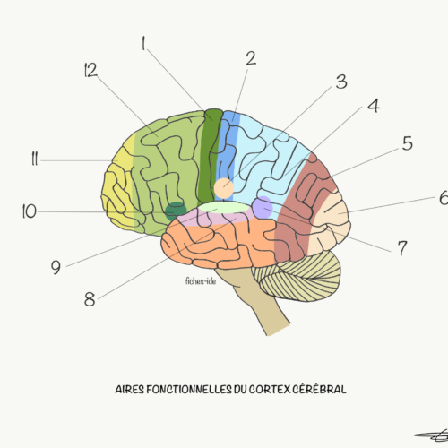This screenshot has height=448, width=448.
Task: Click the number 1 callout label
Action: [x=143, y=43]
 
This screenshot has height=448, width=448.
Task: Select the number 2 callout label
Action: [x=251, y=58]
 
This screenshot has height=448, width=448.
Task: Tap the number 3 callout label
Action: [x=341, y=82]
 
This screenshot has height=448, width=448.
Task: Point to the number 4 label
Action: [x=374, y=106]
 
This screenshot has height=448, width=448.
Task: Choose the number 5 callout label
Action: [x=408, y=143]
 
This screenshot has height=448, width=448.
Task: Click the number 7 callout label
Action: [x=402, y=248]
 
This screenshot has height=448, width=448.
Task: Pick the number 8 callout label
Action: [x=90, y=299]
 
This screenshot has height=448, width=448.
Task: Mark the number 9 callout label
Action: [x=56, y=267]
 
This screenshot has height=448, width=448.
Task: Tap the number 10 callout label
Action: [x=30, y=211]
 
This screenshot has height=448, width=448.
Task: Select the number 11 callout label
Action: [x=35, y=159]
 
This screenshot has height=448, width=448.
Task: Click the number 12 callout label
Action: [x=90, y=71]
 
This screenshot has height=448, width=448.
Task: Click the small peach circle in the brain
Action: [x=224, y=188]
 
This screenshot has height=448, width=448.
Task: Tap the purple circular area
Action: [x=263, y=207]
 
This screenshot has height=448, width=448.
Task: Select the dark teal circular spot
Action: [x=176, y=211]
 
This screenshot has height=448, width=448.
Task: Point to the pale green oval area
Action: [x=224, y=207]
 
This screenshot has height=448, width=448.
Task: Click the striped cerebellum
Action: [x=298, y=276]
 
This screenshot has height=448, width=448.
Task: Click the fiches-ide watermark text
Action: [x=201, y=281]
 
